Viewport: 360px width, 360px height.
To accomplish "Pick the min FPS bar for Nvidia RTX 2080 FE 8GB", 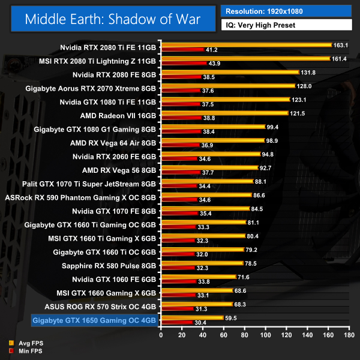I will coord(181,77).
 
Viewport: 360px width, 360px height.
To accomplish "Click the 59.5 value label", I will coord(232,318).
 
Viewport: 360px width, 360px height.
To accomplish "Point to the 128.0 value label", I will coord(297,86).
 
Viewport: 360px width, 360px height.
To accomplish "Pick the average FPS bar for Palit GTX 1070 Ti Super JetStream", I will coord(207,182).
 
